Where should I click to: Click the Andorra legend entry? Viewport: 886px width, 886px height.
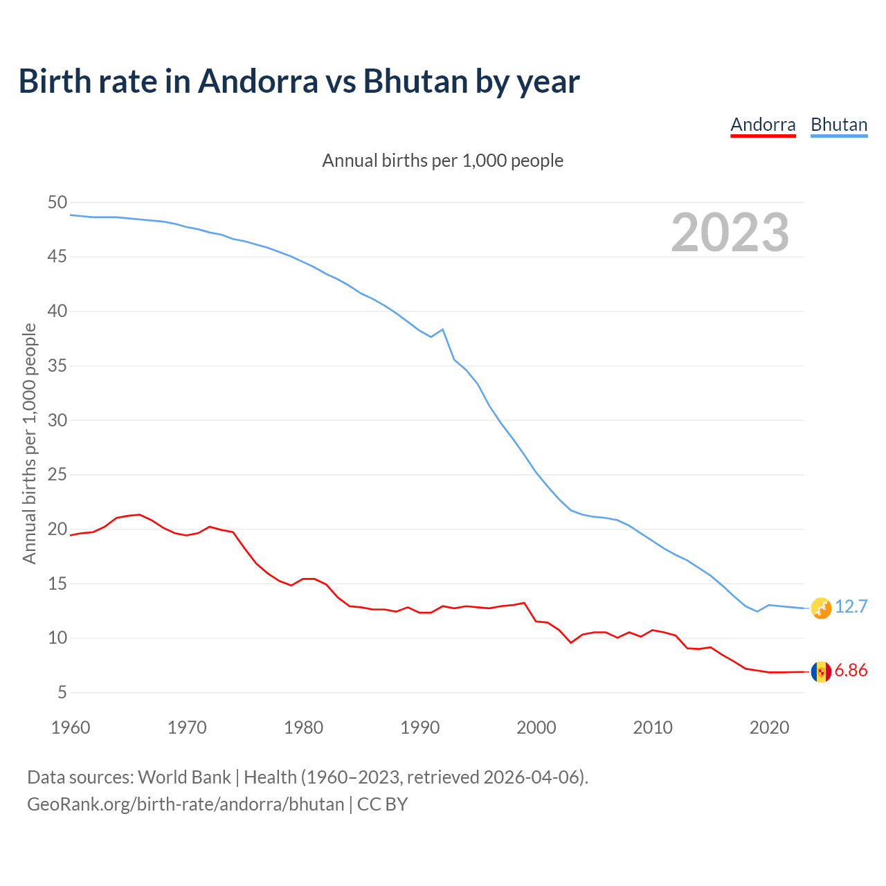coord(763,125)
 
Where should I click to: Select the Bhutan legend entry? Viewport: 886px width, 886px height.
coord(839,125)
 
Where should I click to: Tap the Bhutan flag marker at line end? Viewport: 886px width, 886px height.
coord(821,608)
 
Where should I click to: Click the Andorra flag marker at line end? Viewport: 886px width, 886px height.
coord(821,671)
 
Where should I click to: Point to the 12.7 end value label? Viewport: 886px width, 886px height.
coord(851,607)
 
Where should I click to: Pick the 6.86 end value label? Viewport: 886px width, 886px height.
coord(851,671)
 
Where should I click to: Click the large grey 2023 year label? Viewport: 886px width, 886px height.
coord(730,233)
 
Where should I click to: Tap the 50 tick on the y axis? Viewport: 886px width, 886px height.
coord(57,203)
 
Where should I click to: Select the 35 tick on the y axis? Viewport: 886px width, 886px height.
coord(57,366)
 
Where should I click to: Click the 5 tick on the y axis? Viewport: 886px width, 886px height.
coord(62,693)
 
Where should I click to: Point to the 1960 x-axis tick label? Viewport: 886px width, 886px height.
coord(71,727)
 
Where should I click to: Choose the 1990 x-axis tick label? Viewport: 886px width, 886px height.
coord(420,727)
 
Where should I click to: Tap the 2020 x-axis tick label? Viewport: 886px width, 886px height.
coord(769,727)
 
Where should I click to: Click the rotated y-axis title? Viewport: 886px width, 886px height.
coord(29,443)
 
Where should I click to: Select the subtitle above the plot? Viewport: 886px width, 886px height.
coord(443,161)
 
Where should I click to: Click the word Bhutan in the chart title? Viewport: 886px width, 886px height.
coord(415,82)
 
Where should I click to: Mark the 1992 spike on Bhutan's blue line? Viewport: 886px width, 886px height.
coord(442,329)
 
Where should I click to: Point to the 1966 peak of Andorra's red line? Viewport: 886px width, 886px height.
coord(140,514)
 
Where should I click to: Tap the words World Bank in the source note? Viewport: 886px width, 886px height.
coord(184,777)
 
